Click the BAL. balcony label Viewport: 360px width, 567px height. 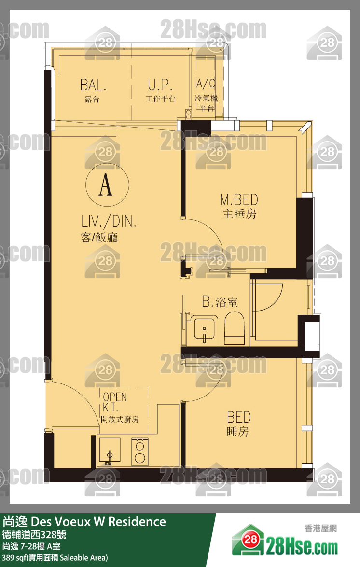pyautogui.click(x=93, y=85)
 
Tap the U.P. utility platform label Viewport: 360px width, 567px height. pyautogui.click(x=160, y=85)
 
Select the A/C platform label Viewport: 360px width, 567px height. pyautogui.click(x=206, y=84)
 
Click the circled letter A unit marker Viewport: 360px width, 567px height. pyautogui.click(x=107, y=185)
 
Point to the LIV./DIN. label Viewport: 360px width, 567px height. pyautogui.click(x=109, y=221)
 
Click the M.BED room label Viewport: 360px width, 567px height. pyautogui.click(x=239, y=200)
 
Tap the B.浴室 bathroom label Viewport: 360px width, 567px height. pyautogui.click(x=220, y=301)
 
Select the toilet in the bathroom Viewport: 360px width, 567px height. pyautogui.click(x=235, y=328)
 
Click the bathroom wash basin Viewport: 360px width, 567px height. pyautogui.click(x=204, y=329)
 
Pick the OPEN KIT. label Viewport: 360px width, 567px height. pyautogui.click(x=115, y=402)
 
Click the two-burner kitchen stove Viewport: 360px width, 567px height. pyautogui.click(x=140, y=451)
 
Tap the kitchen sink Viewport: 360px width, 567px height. pyautogui.click(x=110, y=451)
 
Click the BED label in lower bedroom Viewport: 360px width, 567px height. pyautogui.click(x=239, y=417)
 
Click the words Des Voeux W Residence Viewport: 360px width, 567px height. pyautogui.click(x=98, y=522)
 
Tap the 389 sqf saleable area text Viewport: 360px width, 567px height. pyautogui.click(x=55, y=558)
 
